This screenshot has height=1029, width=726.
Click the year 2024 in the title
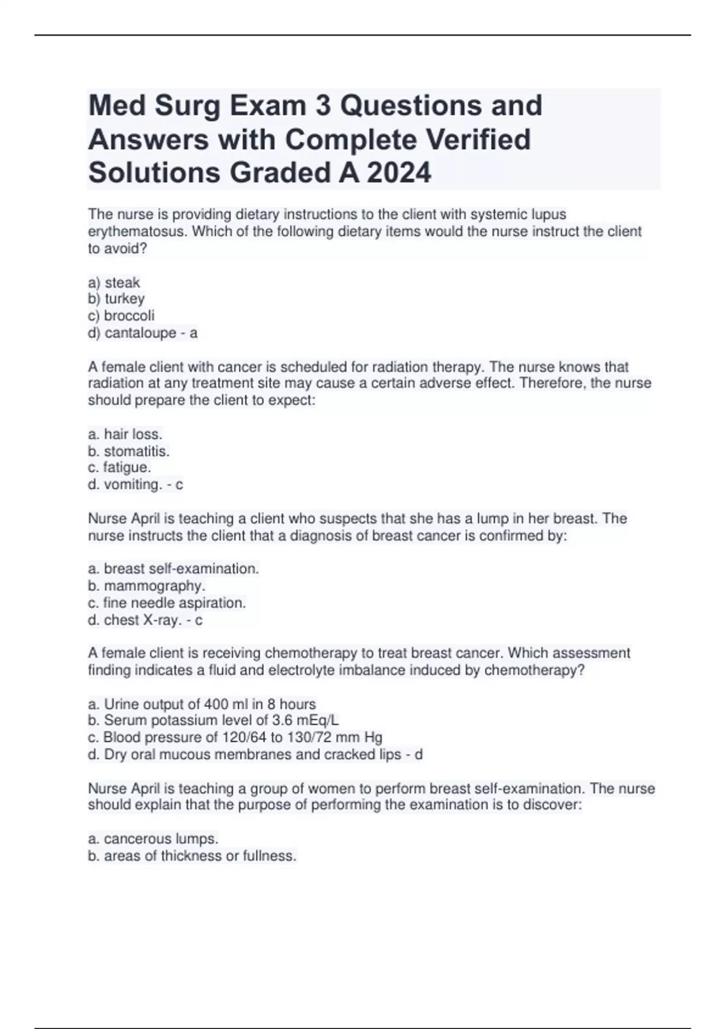tap(399, 173)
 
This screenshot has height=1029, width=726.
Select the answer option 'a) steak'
tap(114, 283)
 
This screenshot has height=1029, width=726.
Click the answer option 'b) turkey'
tap(117, 299)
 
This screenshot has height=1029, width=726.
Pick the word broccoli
tap(129, 316)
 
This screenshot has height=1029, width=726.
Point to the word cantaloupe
tap(141, 333)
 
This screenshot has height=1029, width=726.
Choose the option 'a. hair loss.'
tap(125, 434)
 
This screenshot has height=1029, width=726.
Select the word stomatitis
tap(136, 451)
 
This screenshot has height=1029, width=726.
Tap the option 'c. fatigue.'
tap(120, 467)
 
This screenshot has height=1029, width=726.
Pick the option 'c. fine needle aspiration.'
tap(167, 603)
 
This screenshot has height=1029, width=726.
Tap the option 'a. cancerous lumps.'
tap(153, 839)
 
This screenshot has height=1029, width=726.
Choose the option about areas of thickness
tap(192, 856)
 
